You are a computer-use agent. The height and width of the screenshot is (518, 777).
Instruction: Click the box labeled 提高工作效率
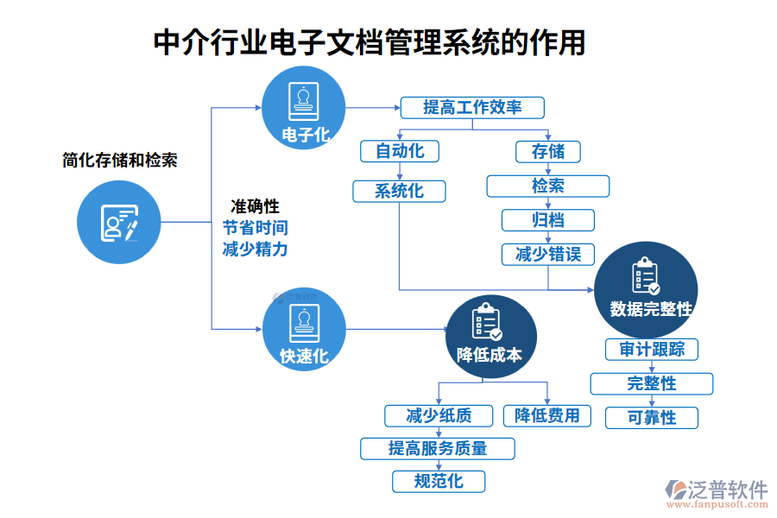(472, 107)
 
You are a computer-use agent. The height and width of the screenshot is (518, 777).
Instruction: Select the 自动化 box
(399, 151)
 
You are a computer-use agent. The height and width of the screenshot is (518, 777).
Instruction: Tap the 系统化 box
(399, 191)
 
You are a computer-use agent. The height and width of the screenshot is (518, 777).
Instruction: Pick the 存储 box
(547, 151)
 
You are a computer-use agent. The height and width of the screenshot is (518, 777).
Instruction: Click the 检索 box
(547, 186)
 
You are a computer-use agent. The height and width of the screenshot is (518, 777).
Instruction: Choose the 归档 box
(547, 219)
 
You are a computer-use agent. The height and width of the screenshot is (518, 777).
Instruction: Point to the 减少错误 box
(547, 254)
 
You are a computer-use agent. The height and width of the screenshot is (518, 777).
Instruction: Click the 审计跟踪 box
(651, 349)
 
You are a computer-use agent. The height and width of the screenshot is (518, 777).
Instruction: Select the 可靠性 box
(651, 418)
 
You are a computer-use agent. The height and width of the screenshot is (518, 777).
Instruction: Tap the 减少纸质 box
(439, 415)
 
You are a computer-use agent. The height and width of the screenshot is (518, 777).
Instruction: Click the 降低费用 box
(547, 415)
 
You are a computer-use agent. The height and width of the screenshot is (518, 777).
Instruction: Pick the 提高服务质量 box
(438, 448)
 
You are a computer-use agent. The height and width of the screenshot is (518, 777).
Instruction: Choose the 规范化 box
(438, 481)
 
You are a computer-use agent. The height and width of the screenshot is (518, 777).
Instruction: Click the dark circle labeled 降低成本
(490, 339)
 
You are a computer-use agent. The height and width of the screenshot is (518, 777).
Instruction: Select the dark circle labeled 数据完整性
(646, 289)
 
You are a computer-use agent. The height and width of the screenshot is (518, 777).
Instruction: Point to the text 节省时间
(255, 228)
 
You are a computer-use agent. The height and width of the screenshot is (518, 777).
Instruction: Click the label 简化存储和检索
(120, 160)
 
